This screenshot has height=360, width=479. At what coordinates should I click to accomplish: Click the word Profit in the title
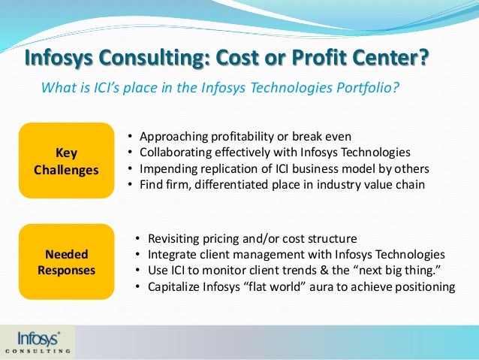point(297,58)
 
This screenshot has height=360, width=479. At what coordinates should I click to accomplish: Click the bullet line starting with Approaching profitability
point(245,136)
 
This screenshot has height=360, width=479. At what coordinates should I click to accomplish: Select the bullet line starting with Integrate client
point(297,254)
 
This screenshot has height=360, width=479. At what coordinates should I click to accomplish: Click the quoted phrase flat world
point(300,286)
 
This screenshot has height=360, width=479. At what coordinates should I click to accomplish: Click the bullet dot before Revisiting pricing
point(137,238)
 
